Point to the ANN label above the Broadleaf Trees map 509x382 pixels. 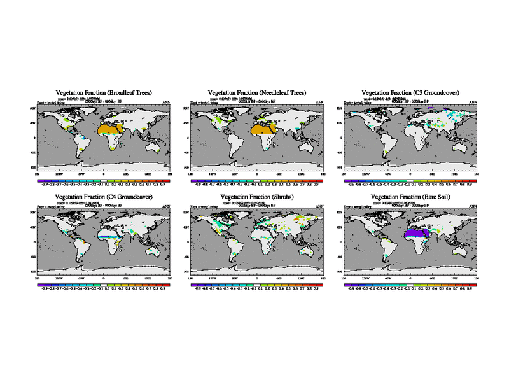click(x=166, y=102)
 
